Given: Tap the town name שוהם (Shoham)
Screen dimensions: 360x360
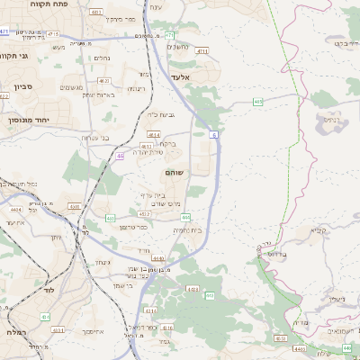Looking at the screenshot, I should pyautogui.click(x=175, y=171).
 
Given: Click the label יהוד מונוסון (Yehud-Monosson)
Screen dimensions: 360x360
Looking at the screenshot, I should pyautogui.click(x=24, y=119).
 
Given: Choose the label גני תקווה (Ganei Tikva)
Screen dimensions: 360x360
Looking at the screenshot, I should pyautogui.click(x=18, y=56).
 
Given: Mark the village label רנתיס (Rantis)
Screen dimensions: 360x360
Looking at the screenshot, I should pyautogui.click(x=332, y=118).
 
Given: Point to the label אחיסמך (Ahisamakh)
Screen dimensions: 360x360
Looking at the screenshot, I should pyautogui.click(x=98, y=331).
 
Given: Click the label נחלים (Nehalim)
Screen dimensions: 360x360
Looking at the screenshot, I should pyautogui.click(x=103, y=58).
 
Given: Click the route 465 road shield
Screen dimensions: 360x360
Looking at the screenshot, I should pyautogui.click(x=258, y=103).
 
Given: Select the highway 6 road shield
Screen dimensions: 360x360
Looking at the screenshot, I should pyautogui.click(x=214, y=134).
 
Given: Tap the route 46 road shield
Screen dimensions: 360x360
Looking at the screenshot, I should pyautogui.click(x=120, y=156).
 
